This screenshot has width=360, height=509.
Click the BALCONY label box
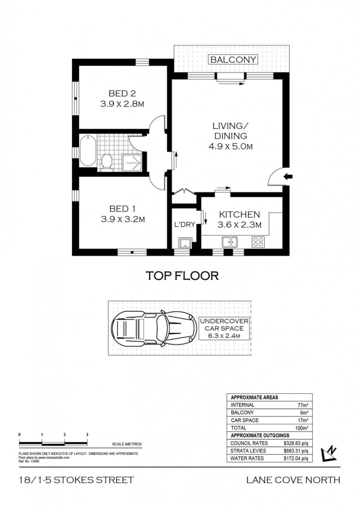click(233, 60)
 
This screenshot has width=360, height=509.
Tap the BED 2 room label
click(122, 93)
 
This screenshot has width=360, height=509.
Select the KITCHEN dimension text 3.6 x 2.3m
click(239, 225)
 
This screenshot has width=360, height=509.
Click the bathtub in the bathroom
click(88, 151)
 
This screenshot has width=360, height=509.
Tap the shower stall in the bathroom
click(132, 163)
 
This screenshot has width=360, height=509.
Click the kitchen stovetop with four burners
click(258, 242)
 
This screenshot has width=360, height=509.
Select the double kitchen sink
click(230, 242)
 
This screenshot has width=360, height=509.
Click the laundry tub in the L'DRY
click(185, 243)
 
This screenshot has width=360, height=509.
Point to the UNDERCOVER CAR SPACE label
click(224, 328)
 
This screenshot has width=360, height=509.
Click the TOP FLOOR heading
click(182, 276)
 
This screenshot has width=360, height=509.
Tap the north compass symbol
click(328, 454)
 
